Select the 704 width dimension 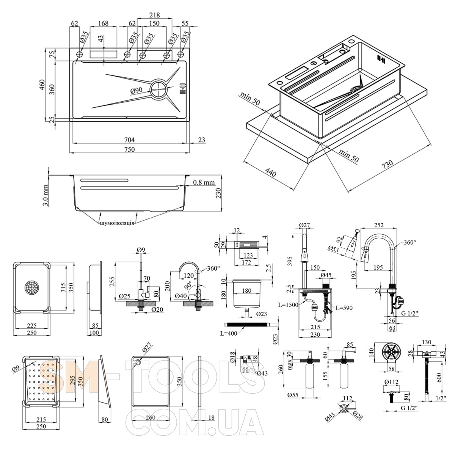tap(129, 140)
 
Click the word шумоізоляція tap(116, 223)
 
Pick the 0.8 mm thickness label tap(204, 182)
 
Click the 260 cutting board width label tap(150, 417)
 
